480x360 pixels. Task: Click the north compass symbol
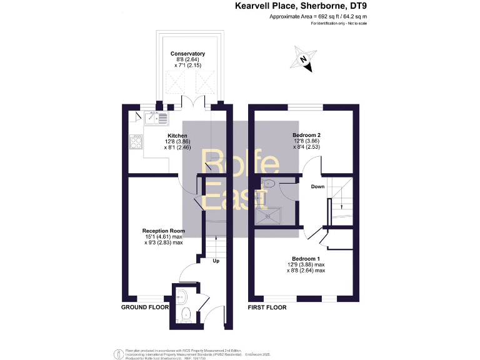[304, 59]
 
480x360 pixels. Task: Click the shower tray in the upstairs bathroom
[269, 216]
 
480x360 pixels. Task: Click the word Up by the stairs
[216, 261]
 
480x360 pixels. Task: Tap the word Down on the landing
[317, 187]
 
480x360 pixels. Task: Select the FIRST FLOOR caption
[268, 307]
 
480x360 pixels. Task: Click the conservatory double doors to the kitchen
[188, 101]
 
